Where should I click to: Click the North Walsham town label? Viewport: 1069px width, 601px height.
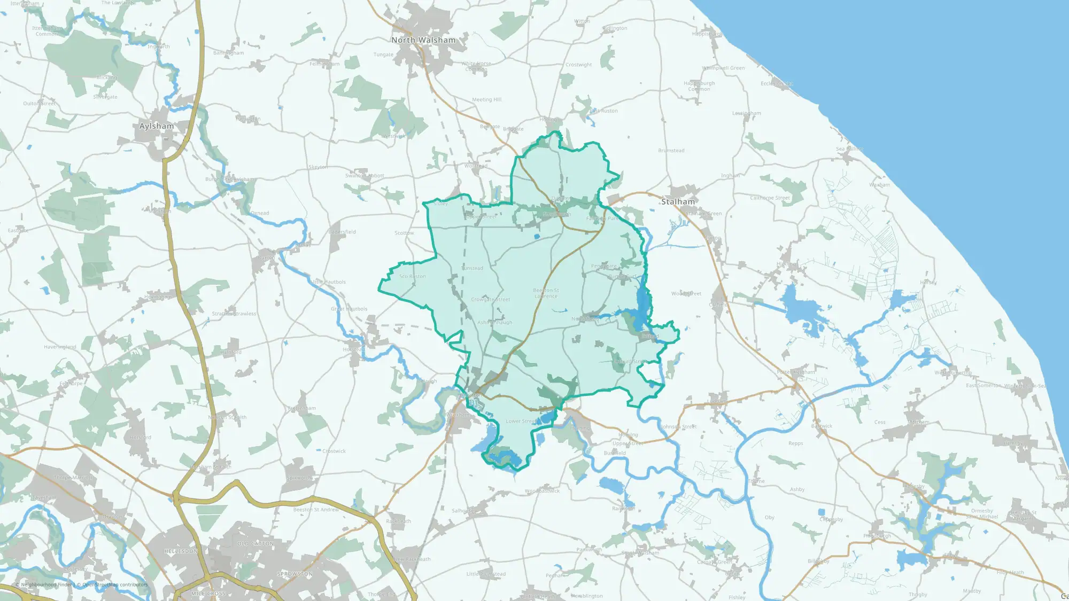tap(423, 40)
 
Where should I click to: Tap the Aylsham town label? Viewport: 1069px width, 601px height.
tap(156, 126)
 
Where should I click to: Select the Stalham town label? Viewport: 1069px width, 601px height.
tap(678, 201)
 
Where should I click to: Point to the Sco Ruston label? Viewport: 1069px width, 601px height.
tap(413, 276)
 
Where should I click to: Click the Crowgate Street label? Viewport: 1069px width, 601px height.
tap(490, 299)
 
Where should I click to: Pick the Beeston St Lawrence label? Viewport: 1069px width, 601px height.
tap(546, 293)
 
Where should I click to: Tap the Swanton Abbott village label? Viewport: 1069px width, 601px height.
tap(365, 175)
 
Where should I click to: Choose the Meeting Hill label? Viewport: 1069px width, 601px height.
tap(486, 99)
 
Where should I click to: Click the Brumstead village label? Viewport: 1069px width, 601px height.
tap(671, 151)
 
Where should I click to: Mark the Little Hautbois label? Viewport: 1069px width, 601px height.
tap(329, 282)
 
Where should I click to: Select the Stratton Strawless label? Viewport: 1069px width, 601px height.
tap(234, 314)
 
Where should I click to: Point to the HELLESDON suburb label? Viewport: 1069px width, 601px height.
tap(181, 551)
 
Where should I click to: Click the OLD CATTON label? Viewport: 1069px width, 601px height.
tap(255, 543)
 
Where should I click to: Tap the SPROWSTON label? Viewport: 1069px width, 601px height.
tap(295, 574)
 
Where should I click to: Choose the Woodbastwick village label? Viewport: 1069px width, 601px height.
tap(542, 490)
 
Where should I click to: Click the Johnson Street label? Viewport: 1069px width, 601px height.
tap(678, 426)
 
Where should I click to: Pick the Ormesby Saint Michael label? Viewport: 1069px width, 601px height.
tap(982, 513)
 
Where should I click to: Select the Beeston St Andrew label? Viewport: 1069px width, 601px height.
tap(316, 510)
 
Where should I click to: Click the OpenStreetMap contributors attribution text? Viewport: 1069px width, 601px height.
tap(114, 584)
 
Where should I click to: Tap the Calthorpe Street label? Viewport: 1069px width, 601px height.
tap(770, 198)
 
